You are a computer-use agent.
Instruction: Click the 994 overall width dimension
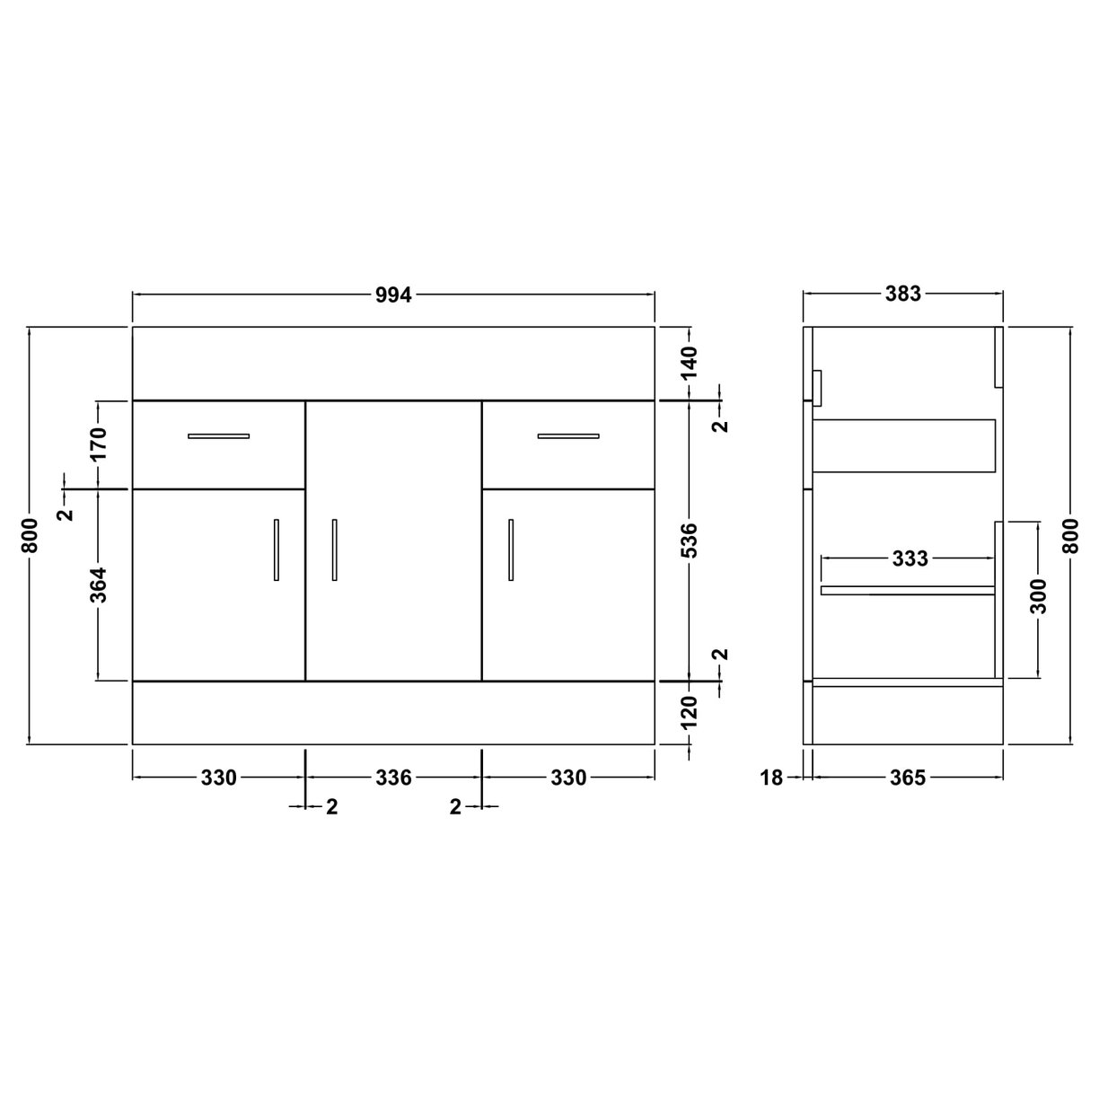(393, 295)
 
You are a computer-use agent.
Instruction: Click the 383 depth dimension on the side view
(903, 294)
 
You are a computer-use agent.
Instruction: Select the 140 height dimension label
(690, 363)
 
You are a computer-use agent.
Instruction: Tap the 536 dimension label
(690, 541)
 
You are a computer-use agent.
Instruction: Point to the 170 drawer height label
(99, 444)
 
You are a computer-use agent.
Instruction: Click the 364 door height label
(99, 585)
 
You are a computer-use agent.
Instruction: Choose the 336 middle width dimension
(393, 778)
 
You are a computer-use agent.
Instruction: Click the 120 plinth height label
(690, 712)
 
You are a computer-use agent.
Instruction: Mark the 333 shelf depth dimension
(910, 559)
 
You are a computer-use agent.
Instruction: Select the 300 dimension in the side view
(1039, 596)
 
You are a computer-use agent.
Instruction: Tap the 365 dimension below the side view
(908, 778)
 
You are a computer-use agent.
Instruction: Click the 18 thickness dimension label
(772, 778)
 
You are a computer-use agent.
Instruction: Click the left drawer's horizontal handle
(218, 436)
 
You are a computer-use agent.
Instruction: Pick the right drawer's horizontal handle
(568, 436)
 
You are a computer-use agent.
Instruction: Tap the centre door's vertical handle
(334, 549)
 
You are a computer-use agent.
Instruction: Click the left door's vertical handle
(277, 549)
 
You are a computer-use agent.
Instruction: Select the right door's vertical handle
(510, 549)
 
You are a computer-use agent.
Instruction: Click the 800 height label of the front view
(31, 536)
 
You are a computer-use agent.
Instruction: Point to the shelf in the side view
(907, 590)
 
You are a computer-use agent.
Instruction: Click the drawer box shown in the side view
(904, 445)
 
